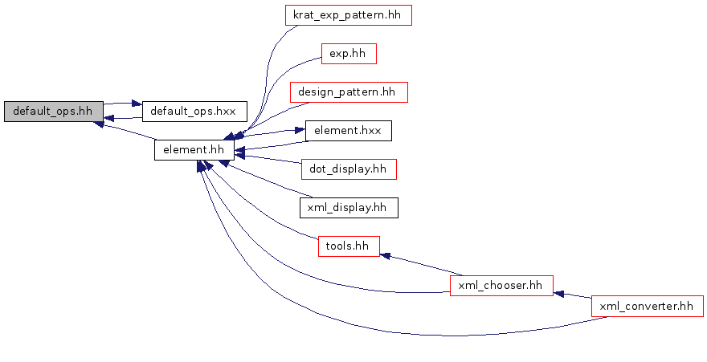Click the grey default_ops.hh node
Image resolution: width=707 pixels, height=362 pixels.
pyautogui.click(x=53, y=112)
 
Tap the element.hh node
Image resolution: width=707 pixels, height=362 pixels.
pyautogui.click(x=194, y=149)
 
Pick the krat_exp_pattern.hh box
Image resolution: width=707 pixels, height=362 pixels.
pyautogui.click(x=348, y=15)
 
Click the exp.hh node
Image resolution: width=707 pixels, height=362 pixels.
pyautogui.click(x=348, y=54)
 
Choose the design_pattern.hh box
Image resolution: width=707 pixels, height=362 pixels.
pyautogui.click(x=348, y=92)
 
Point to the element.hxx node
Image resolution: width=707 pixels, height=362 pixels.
pyautogui.click(x=348, y=130)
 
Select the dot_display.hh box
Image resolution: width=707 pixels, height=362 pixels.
pyautogui.click(x=348, y=169)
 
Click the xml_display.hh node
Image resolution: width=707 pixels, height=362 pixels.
pyautogui.click(x=348, y=207)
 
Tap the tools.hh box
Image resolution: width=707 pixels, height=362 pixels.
pyautogui.click(x=348, y=246)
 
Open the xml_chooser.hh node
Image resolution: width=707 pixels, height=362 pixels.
pyautogui.click(x=501, y=285)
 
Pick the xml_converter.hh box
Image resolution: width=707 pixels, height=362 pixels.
pyautogui.click(x=647, y=306)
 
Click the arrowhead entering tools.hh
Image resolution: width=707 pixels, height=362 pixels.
pyautogui.click(x=385, y=256)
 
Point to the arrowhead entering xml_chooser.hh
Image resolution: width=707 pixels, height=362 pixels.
pyautogui.click(x=559, y=293)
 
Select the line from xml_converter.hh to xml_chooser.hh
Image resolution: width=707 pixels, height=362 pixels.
pyautogui.click(x=575, y=296)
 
